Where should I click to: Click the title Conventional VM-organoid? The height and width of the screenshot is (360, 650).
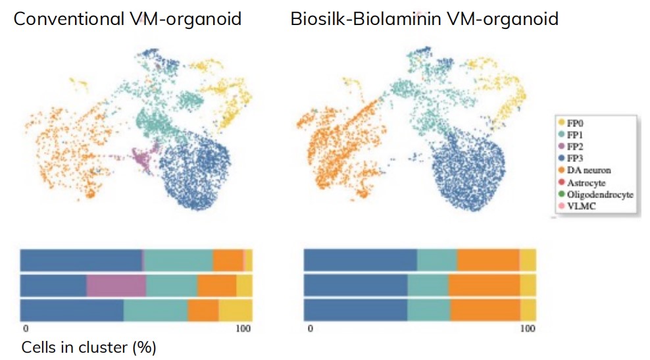pos(127,18)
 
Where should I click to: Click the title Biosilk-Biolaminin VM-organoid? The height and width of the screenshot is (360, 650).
pos(424,18)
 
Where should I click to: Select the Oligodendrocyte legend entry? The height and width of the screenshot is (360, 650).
pos(599,195)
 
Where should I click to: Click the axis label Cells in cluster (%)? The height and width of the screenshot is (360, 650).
pos(89,347)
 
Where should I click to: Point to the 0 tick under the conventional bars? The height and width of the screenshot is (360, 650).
pos(25,328)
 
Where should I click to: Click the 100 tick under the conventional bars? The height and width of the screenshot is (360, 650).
pos(243,328)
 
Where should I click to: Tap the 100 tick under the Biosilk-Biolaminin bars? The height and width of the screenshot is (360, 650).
pos(527,328)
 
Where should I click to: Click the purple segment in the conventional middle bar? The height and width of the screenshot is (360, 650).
pos(116,286)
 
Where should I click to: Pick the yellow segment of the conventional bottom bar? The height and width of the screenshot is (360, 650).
pos(235,310)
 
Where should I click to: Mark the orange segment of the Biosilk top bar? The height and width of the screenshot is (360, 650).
pos(488,260)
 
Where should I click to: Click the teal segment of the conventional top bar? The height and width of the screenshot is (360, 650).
pos(178,260)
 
